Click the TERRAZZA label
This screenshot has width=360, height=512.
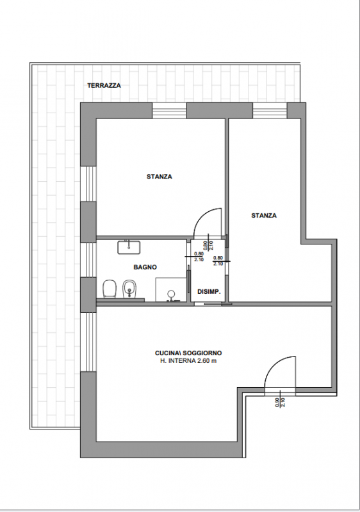(104, 86)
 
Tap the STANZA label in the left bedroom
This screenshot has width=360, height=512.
(159, 177)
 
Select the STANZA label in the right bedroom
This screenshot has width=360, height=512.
(264, 215)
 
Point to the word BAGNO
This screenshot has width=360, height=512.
(145, 267)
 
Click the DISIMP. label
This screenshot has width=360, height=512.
(209, 292)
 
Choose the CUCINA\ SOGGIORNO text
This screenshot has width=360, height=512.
(188, 353)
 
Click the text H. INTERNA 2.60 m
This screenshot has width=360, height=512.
(188, 361)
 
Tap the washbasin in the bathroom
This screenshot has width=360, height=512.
(129, 247)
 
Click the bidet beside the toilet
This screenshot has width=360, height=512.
(129, 289)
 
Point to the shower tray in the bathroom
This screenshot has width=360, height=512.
(170, 290)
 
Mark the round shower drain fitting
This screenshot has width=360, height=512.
(170, 294)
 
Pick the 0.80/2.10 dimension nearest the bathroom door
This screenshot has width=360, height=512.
(199, 257)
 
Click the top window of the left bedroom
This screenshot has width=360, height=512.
(170, 110)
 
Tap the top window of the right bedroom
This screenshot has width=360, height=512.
(270, 110)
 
